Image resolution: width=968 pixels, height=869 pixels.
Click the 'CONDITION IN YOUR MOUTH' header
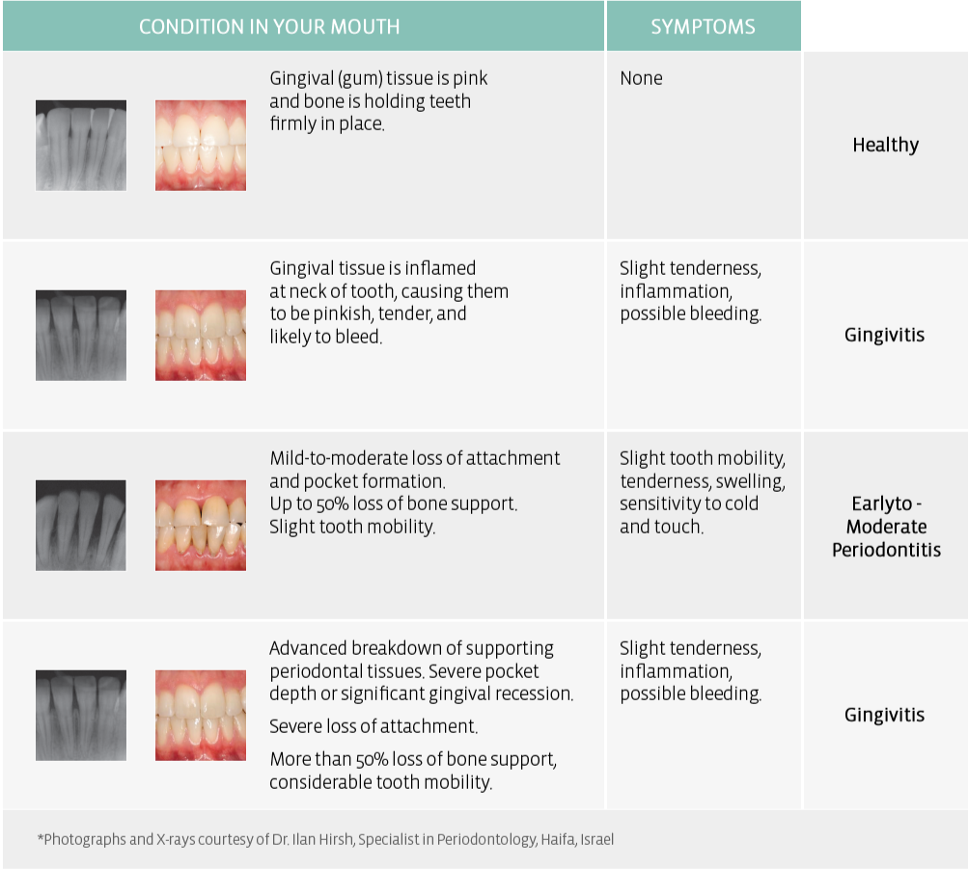pos(269,26)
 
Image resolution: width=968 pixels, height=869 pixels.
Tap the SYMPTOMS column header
pos(703,26)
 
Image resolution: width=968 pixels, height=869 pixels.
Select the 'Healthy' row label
pos(885,145)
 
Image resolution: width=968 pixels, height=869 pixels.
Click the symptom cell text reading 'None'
pos(641,78)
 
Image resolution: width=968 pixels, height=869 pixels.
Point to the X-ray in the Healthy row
pos(81,146)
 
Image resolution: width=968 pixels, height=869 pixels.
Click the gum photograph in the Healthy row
pos(201,146)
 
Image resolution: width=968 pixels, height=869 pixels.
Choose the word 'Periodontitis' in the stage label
pos(886,550)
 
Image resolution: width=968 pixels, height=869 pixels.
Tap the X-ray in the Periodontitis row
pos(81,526)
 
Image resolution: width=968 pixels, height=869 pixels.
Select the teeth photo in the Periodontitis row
pos(201,526)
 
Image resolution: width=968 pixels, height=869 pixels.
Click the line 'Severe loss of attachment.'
pos(373,726)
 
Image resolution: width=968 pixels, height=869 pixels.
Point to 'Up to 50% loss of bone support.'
pos(393,503)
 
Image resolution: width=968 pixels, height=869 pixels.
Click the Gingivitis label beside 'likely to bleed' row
pos(884,335)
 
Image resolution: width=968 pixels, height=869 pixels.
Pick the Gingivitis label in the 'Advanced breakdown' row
pos(884,715)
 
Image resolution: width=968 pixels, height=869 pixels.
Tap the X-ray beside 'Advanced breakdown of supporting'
pos(81,716)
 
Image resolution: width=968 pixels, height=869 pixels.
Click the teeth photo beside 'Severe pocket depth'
pos(201,716)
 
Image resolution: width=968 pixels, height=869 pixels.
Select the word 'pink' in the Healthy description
pos(470,79)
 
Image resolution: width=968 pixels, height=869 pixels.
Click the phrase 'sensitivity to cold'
pos(689,503)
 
